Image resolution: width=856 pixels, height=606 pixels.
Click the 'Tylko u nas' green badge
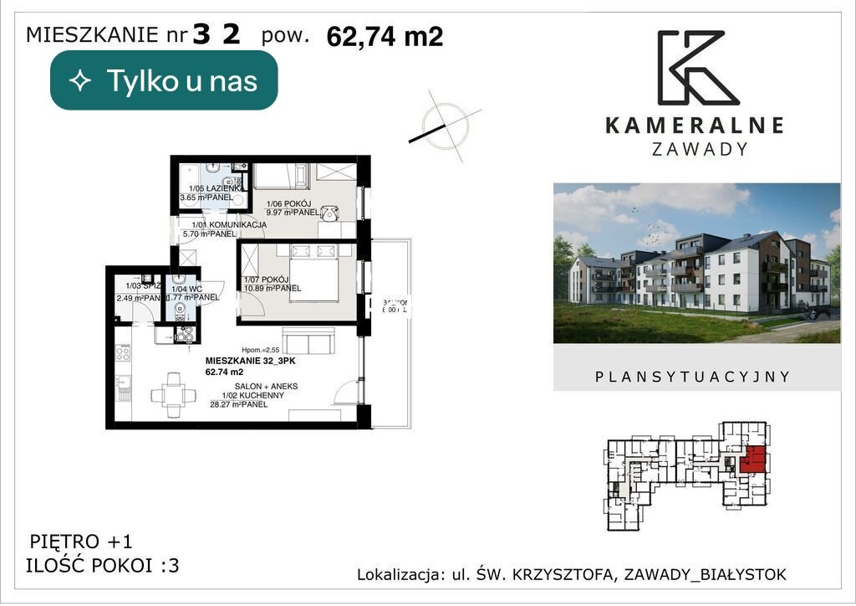(x=164, y=80)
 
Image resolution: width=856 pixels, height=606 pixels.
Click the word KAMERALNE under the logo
(x=694, y=126)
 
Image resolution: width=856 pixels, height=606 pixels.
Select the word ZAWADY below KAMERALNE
(x=699, y=149)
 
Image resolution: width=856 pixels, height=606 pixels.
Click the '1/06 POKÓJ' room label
(x=288, y=203)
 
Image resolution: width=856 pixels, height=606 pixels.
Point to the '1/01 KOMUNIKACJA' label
(x=228, y=224)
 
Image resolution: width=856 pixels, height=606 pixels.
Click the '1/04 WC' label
(x=184, y=289)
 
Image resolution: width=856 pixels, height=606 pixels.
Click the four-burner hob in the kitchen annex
(x=122, y=352)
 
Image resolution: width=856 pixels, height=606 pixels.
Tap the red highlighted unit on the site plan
(x=754, y=460)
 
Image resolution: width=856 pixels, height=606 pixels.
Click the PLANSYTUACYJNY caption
(x=692, y=377)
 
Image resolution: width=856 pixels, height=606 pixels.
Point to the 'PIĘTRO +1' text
(x=80, y=541)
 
